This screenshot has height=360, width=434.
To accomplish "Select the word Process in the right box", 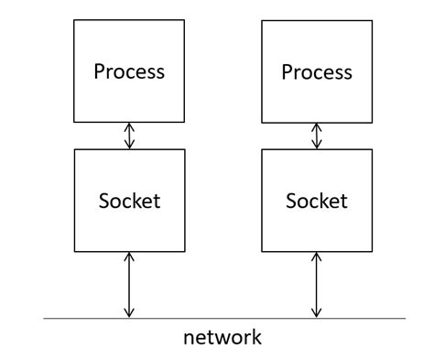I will point(317,72).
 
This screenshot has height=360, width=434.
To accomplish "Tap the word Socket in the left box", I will point(129,200).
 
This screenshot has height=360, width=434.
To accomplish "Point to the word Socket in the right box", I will point(317,200).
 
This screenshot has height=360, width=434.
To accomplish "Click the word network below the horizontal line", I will point(222,337).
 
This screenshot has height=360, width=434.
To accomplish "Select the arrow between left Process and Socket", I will point(129,136).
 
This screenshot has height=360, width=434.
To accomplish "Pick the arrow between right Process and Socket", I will point(317,136).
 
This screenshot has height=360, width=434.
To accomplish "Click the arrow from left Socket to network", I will point(129,285).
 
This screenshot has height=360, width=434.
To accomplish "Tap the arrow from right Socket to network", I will point(317,285).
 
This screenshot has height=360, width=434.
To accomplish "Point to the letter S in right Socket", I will point(291,200).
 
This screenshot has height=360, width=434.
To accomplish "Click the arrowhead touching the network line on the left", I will point(129,313).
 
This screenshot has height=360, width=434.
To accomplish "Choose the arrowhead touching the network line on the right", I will point(317,313).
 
